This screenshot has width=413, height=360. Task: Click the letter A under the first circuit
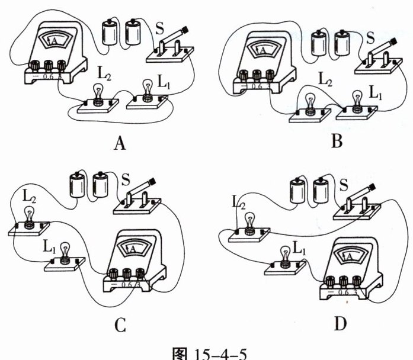pyautogui.click(x=120, y=143)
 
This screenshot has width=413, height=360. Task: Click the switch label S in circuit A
pyautogui.click(x=158, y=28)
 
